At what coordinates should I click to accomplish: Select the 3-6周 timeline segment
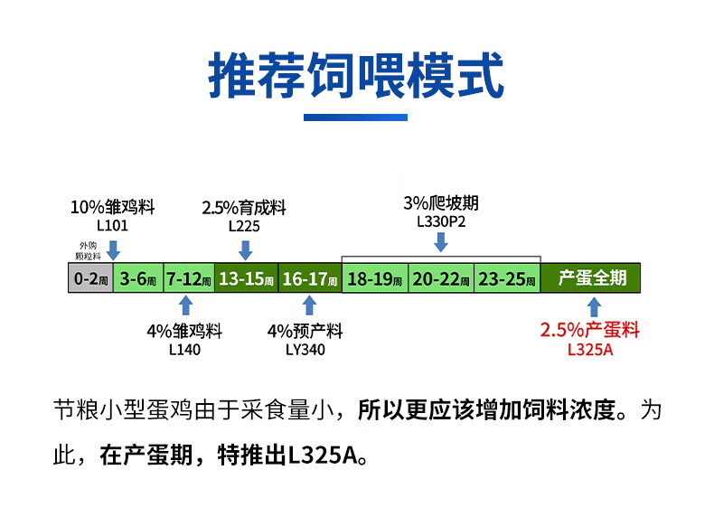tap(138, 278)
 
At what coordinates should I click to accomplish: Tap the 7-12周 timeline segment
tap(189, 278)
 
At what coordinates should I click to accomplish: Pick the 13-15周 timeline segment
tap(246, 278)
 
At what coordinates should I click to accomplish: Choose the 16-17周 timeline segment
tap(309, 278)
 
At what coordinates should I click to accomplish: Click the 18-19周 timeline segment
tap(375, 278)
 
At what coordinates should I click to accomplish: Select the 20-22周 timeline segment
tap(441, 278)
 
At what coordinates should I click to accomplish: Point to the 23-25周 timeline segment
tap(506, 278)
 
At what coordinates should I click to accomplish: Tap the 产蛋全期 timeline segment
tap(592, 277)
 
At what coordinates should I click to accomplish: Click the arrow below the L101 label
tap(113, 245)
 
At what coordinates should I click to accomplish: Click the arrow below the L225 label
tap(245, 249)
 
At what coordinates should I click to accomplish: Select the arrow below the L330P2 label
tap(440, 240)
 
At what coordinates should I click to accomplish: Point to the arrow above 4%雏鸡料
tap(185, 305)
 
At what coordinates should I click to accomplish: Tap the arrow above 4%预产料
tap(309, 305)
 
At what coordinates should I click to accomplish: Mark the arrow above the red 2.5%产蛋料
tap(594, 306)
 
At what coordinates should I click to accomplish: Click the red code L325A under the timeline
tap(589, 350)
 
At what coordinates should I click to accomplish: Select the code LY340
tap(305, 350)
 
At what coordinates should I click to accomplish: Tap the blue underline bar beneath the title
tap(355, 117)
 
